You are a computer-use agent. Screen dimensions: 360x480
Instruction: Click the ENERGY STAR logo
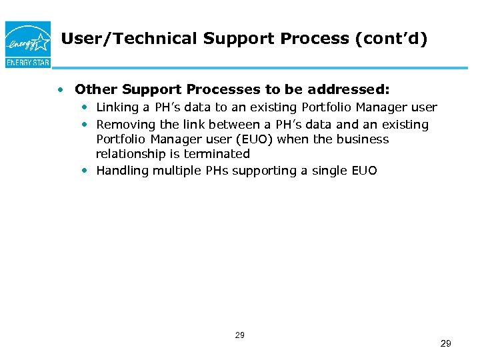pyautogui.click(x=27, y=43)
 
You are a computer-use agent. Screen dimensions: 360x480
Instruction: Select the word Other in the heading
pyautogui.click(x=94, y=89)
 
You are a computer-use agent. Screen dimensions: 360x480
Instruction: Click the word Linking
pyautogui.click(x=117, y=107)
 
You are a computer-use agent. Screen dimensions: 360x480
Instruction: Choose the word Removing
pyautogui.click(x=123, y=124)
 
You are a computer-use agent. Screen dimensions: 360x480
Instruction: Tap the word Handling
pyautogui.click(x=122, y=171)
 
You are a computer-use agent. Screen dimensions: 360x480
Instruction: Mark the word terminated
pyautogui.click(x=217, y=154)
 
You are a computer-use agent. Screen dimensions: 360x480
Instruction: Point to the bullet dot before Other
pyautogui.click(x=61, y=89)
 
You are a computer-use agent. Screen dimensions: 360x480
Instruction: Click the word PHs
pyautogui.click(x=217, y=171)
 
